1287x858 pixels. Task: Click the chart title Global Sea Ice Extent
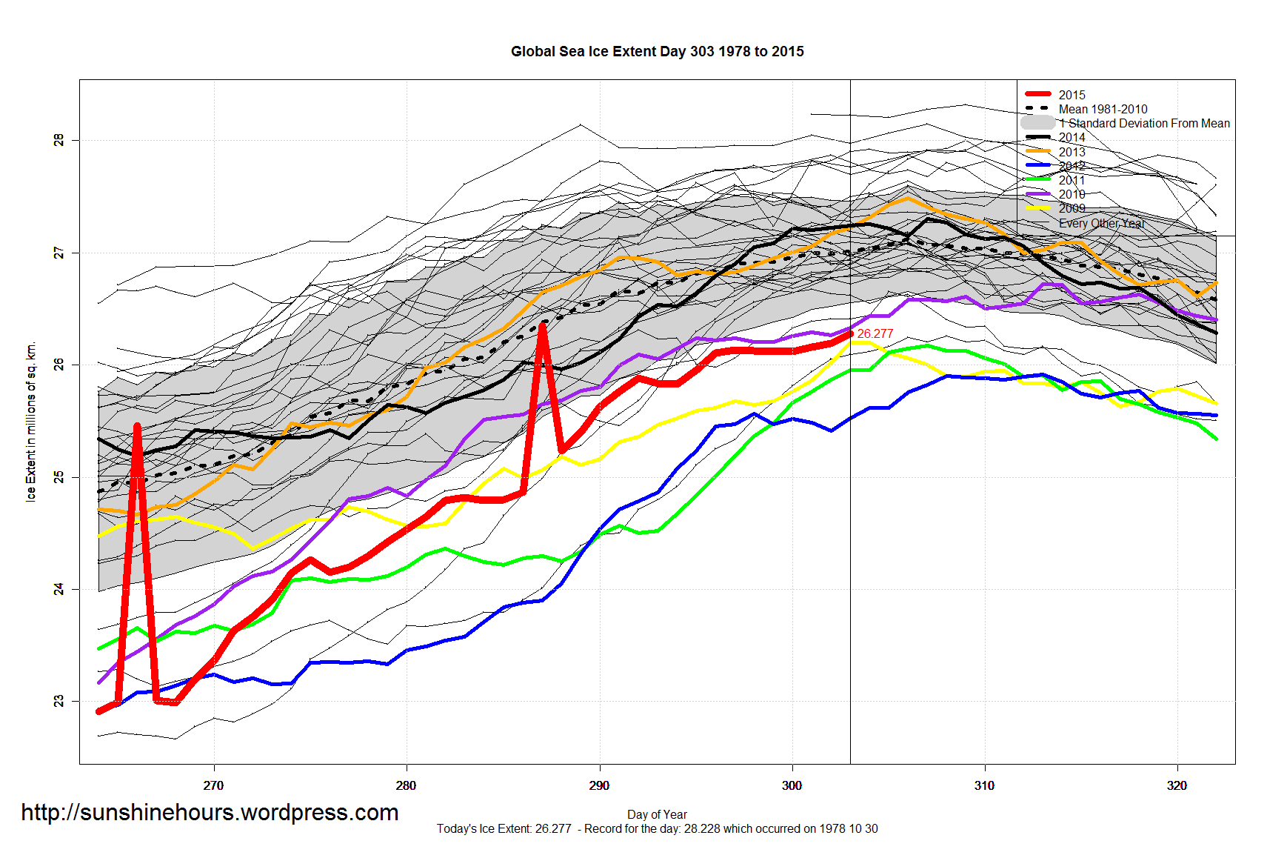point(657,52)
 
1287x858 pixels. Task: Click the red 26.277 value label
point(875,334)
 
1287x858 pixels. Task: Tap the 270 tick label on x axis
point(213,785)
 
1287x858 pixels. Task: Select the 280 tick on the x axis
point(406,785)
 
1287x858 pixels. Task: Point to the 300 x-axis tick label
point(792,785)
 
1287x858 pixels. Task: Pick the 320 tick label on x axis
point(1177,785)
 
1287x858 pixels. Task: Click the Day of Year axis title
point(657,814)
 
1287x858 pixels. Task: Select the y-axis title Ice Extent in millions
point(31,422)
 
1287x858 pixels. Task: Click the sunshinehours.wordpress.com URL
point(210,813)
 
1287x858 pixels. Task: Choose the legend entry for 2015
point(1072,95)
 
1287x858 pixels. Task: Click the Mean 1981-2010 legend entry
point(1103,109)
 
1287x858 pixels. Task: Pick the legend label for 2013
point(1072,152)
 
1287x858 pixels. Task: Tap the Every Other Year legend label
point(1101,223)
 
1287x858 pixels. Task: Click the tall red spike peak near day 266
point(138,426)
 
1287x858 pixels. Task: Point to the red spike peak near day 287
point(543,325)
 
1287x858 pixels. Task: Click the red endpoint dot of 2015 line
point(850,334)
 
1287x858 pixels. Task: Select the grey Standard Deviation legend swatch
point(1038,123)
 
